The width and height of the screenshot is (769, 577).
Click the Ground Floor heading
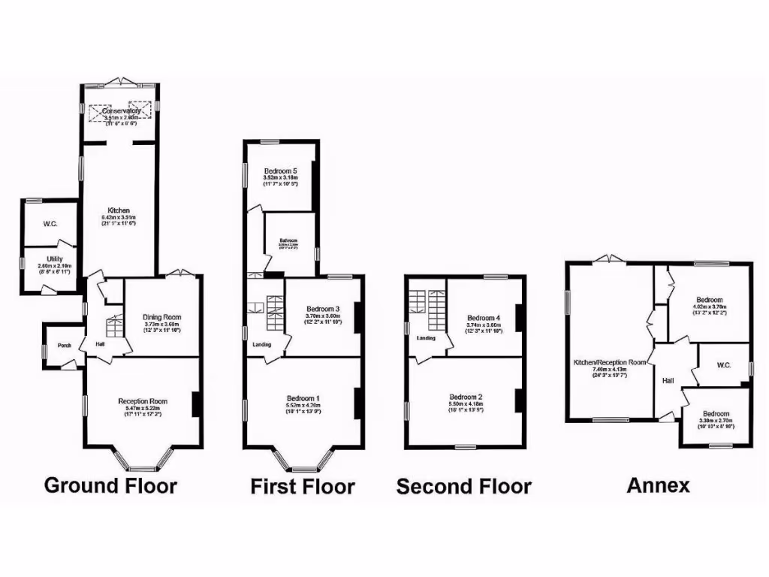click(x=110, y=485)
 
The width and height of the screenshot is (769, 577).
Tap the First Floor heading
click(x=302, y=487)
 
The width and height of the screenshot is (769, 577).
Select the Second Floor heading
click(x=463, y=487)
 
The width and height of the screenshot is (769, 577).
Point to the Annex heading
click(x=658, y=485)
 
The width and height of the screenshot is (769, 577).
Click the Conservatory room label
click(x=121, y=111)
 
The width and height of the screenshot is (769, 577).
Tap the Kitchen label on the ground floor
click(x=118, y=210)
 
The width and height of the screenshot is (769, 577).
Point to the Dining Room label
click(x=162, y=317)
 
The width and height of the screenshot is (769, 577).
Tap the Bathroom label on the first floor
click(x=290, y=240)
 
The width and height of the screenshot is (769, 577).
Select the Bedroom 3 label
click(x=323, y=309)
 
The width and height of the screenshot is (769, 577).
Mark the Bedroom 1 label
click(x=303, y=398)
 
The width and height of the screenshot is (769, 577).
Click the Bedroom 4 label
click(x=483, y=317)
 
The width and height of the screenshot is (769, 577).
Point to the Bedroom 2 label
click(x=466, y=397)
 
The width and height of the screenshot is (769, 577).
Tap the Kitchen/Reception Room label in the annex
click(x=609, y=362)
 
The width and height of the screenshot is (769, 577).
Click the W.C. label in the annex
click(x=724, y=365)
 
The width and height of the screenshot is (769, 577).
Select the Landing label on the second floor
click(x=426, y=338)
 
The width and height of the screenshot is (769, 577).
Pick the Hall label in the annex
click(x=668, y=381)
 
